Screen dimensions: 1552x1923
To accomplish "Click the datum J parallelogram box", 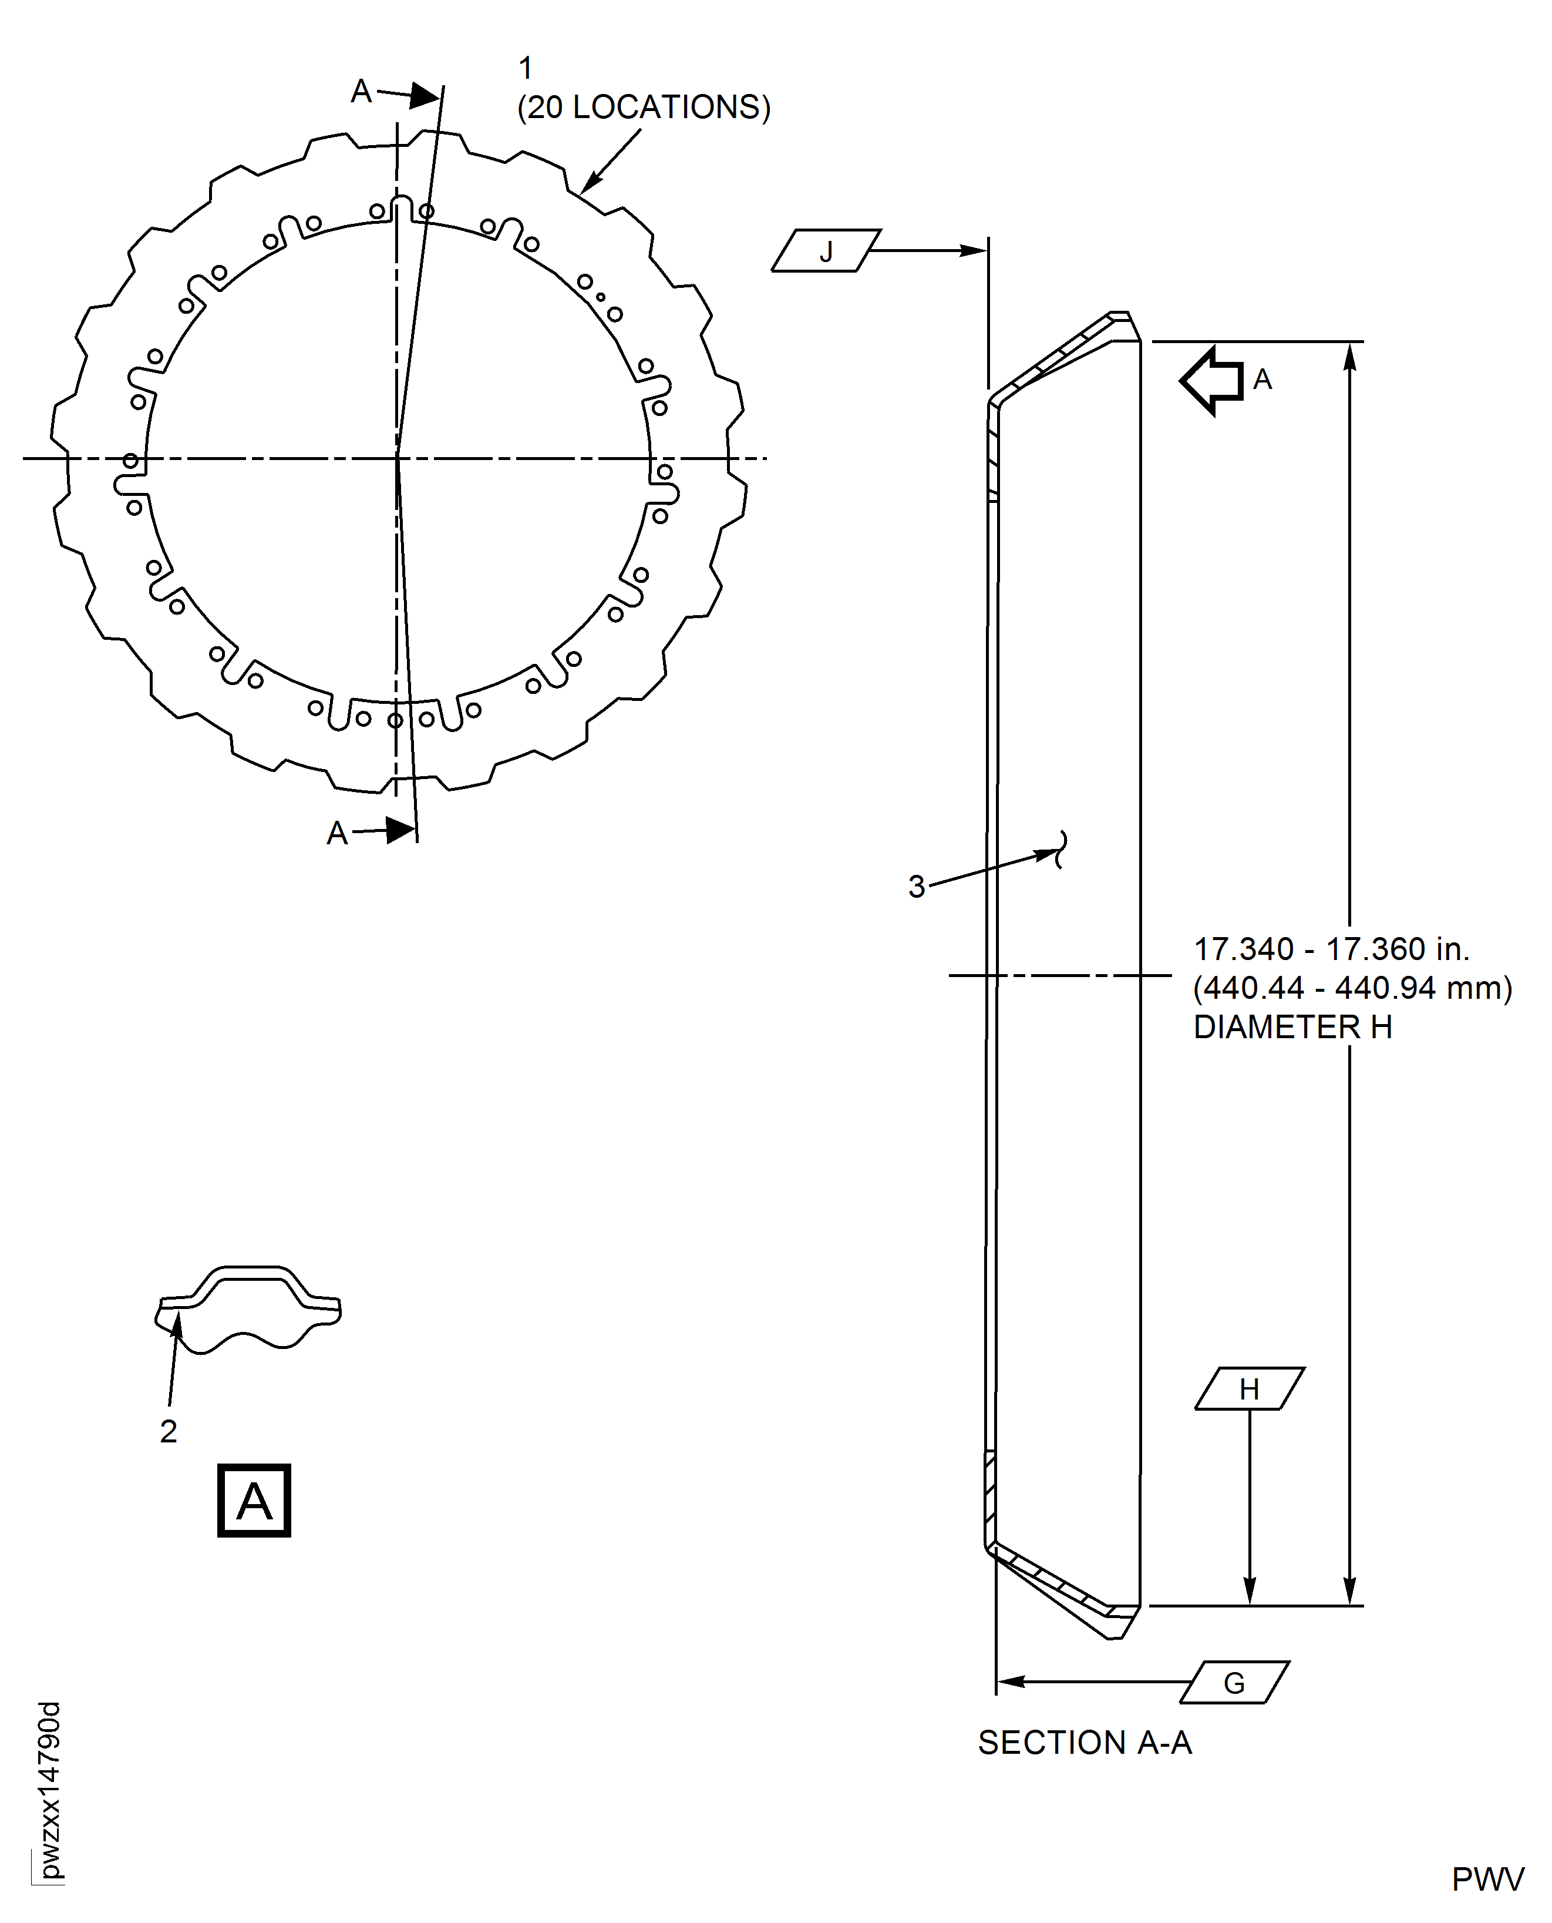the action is [x=826, y=250].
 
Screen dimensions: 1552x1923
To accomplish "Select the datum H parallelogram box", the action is [x=1249, y=1388].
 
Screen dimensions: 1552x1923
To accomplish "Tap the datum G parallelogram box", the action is [x=1235, y=1682].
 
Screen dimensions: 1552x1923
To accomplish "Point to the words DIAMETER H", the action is [x=1292, y=1027].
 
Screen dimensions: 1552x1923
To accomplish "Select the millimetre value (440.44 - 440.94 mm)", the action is [x=1352, y=988].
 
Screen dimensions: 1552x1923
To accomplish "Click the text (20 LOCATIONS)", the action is [x=644, y=108].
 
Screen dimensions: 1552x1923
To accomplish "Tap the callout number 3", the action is [x=917, y=887].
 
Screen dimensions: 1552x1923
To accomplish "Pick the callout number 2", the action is [x=168, y=1431].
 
